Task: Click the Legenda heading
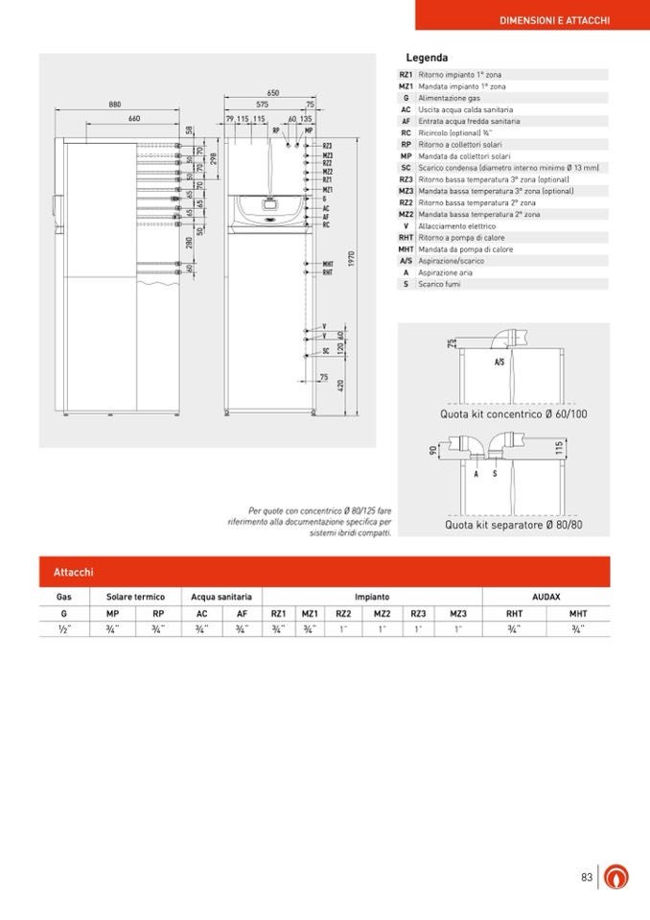[x=427, y=58]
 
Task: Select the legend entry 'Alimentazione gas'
[x=449, y=98]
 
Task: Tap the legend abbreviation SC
[x=406, y=168]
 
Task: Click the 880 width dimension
[x=115, y=104]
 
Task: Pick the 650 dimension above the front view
[x=273, y=93]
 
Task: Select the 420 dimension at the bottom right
[x=340, y=385]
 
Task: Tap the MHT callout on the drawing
[x=327, y=264]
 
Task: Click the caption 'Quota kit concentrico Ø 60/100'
[x=513, y=413]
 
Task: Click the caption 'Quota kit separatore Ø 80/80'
[x=513, y=526]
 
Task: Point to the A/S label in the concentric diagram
[x=499, y=364]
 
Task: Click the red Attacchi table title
[x=74, y=572]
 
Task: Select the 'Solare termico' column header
[x=136, y=597]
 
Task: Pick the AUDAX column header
[x=546, y=597]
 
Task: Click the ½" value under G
[x=64, y=629]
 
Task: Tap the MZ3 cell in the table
[x=457, y=613]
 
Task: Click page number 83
[x=586, y=876]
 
